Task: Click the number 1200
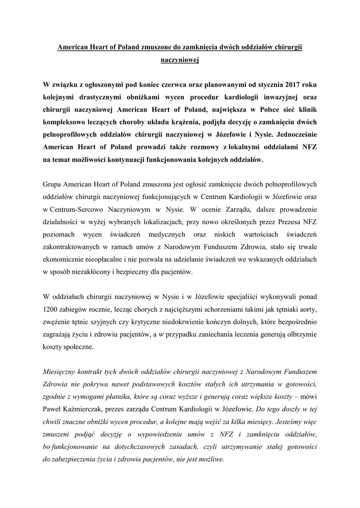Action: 52,309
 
